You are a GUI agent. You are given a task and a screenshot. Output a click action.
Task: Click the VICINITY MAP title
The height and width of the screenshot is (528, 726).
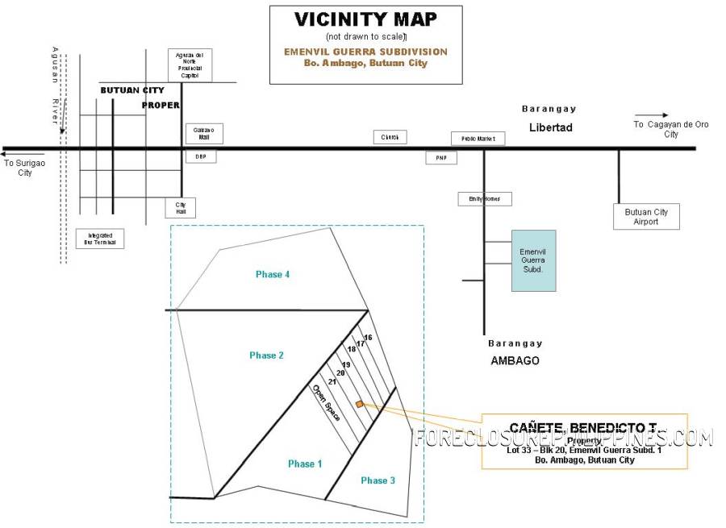[x=365, y=19]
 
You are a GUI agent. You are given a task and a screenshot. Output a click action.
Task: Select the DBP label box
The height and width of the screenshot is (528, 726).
[x=201, y=156]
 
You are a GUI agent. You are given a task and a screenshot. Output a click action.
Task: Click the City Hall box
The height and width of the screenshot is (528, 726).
[x=180, y=207]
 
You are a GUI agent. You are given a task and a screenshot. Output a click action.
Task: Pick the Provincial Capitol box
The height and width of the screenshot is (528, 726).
[x=190, y=65]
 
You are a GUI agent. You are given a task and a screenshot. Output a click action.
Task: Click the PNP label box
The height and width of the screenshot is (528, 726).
[x=441, y=158]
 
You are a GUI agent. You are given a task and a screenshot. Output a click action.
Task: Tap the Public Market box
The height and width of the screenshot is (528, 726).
[x=478, y=139]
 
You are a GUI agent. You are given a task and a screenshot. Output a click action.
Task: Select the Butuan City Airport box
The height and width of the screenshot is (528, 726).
[x=646, y=217]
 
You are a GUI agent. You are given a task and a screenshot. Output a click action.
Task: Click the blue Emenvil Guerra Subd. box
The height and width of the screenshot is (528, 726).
[x=533, y=260]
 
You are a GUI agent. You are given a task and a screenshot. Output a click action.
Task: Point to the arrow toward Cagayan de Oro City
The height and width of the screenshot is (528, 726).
[x=651, y=115]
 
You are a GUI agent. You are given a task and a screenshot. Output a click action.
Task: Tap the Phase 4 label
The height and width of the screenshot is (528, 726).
[x=273, y=275]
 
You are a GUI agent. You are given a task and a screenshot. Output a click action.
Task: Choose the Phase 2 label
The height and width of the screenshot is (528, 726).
[x=266, y=355]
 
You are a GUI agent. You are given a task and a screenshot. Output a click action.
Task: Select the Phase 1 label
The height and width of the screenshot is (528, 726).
[x=305, y=464]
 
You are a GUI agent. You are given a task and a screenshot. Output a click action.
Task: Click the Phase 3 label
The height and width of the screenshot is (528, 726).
[x=378, y=480]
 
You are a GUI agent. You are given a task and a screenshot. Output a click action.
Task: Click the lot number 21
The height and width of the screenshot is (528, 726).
[x=332, y=381]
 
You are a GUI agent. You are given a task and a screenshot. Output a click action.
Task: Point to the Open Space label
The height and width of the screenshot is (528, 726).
[x=326, y=403]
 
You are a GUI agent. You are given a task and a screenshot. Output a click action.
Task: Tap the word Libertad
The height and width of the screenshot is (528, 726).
[x=551, y=127]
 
